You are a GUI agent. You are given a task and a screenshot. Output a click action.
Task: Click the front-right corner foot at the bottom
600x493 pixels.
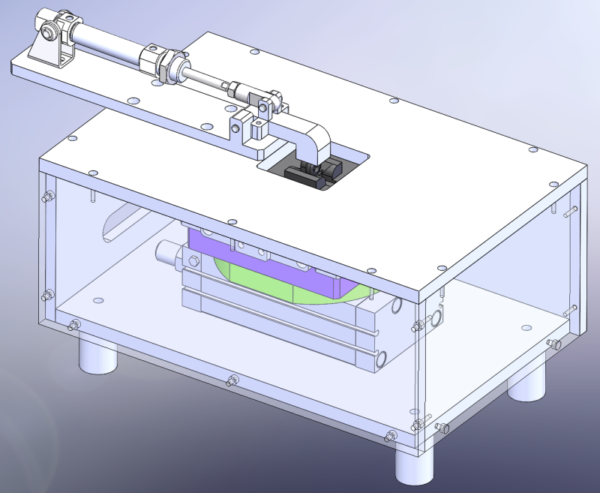click(414, 465)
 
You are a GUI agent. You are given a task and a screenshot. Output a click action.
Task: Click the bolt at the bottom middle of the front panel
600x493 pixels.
click(232, 380)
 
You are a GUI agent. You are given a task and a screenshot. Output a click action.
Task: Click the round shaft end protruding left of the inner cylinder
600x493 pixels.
click(165, 251)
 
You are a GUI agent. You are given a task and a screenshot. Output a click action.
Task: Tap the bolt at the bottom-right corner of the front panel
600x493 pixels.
click(391, 436)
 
